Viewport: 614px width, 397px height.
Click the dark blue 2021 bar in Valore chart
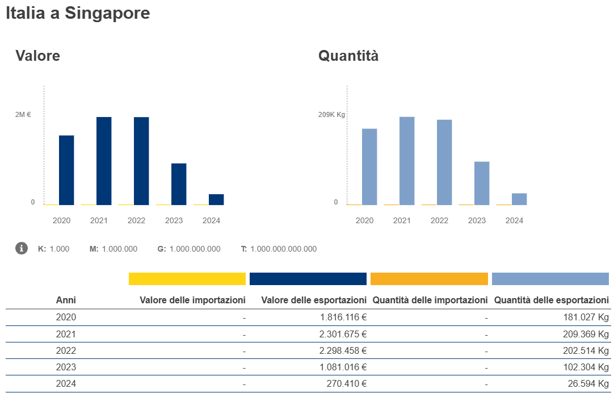click(x=104, y=161)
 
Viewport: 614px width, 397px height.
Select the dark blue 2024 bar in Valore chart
click(x=216, y=199)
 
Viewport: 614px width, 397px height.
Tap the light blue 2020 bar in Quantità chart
click(x=369, y=166)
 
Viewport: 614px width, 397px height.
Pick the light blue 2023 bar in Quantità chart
click(x=482, y=183)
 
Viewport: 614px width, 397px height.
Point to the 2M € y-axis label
click(x=23, y=115)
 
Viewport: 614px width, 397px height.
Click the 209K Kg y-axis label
click(x=331, y=115)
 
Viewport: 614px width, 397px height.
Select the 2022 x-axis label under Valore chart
click(x=136, y=220)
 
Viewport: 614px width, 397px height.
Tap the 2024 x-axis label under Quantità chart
click(x=514, y=220)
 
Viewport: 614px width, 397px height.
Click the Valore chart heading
click(x=37, y=56)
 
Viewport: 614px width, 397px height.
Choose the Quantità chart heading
click(x=348, y=56)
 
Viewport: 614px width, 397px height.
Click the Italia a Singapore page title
click(x=78, y=13)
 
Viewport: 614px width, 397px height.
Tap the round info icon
click(x=22, y=248)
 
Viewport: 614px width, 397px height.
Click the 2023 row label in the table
click(x=66, y=367)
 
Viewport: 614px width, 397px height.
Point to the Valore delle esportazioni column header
click(x=314, y=300)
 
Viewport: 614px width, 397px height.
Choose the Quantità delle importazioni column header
click(x=430, y=300)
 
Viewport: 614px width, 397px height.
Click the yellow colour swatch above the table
click(x=187, y=279)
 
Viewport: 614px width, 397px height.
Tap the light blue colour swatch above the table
click(x=550, y=279)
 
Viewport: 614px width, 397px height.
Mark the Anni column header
click(x=66, y=300)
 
